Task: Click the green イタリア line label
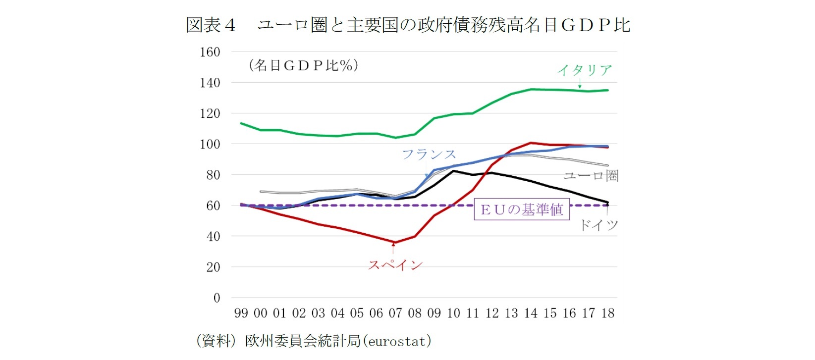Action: tap(585, 70)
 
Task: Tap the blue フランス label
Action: tap(429, 154)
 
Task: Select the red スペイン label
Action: tap(395, 265)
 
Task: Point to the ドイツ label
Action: tap(598, 225)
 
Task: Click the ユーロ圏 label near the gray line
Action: tap(591, 176)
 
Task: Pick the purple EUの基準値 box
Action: tap(522, 209)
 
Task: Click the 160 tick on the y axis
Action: tap(210, 52)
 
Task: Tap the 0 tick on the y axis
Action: tap(217, 298)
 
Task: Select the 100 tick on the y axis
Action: tap(210, 144)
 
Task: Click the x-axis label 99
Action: tap(241, 313)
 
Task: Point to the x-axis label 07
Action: tap(395, 313)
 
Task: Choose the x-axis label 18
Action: tap(608, 313)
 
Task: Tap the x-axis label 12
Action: tap(492, 313)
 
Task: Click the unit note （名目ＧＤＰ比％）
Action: tap(303, 65)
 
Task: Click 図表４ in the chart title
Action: tap(211, 25)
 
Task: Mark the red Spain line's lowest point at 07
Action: tap(394, 243)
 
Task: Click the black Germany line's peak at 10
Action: tap(453, 171)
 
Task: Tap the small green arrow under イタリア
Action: tap(580, 85)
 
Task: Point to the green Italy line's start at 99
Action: tap(241, 123)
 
